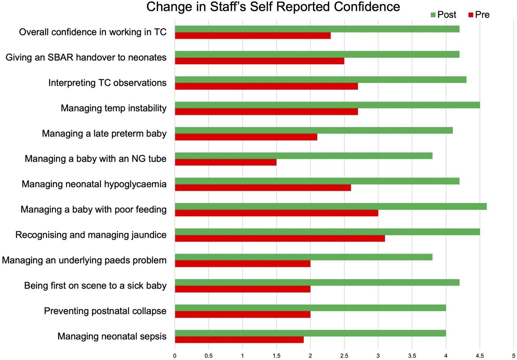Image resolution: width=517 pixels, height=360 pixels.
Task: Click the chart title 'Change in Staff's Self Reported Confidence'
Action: point(273,7)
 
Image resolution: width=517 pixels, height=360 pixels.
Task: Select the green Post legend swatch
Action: point(433,15)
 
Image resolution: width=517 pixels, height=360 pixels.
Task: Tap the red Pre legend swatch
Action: point(471,15)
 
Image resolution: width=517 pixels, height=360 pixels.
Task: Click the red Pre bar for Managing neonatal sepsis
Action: point(239,340)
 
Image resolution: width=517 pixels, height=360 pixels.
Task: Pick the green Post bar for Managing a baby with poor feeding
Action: point(331,206)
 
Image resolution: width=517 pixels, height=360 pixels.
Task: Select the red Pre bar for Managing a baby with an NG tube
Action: point(226,162)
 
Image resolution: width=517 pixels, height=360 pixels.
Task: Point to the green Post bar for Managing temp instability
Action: point(327,105)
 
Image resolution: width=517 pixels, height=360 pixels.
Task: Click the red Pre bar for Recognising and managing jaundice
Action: point(280,238)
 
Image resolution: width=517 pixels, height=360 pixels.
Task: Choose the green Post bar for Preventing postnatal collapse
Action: point(311,308)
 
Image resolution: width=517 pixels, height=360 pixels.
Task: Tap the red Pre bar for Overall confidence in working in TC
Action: point(253,36)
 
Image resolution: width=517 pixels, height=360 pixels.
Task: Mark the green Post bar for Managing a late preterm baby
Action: point(314,130)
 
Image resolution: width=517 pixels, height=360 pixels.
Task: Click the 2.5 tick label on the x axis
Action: point(344,356)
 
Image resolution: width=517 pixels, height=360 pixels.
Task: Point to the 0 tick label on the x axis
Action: point(175,356)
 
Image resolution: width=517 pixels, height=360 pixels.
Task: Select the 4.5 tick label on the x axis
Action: point(480,356)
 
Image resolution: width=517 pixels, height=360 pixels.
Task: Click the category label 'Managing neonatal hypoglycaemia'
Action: point(94,184)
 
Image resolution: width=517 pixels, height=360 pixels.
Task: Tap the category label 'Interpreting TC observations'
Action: point(107,83)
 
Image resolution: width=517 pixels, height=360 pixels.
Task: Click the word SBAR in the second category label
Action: point(60,57)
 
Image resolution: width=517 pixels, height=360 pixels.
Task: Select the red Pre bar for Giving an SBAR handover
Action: point(259,61)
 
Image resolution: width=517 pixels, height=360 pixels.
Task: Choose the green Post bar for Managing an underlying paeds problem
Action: point(304,257)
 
